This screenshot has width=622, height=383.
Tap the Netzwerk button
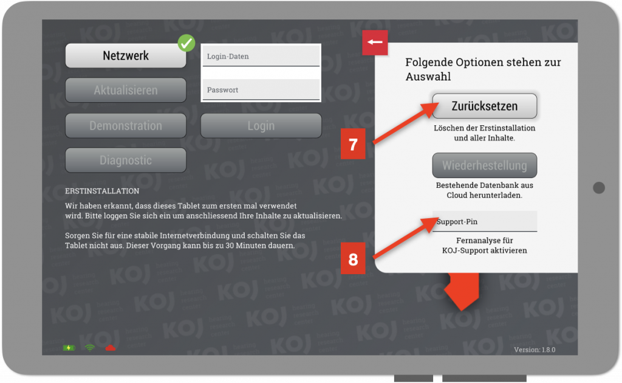126,55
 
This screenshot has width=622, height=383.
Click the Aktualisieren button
126,90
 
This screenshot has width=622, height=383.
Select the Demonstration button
126,125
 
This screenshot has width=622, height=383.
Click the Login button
261,125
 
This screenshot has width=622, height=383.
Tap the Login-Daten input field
261,56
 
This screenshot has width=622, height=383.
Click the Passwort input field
261,90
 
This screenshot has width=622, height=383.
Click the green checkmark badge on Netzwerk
186,43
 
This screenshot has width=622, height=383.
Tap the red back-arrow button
375,42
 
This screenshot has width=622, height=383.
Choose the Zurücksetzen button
484,106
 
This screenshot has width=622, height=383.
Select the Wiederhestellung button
484,165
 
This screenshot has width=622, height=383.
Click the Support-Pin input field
484,221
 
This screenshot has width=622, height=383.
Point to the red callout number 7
353,145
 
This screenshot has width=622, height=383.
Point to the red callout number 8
353,260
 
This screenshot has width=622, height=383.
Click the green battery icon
69,348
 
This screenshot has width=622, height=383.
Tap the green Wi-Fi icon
90,348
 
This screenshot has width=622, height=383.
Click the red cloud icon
111,348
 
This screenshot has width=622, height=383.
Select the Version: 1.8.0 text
535,350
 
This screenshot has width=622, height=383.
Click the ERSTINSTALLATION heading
102,191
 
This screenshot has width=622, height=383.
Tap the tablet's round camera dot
598,188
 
